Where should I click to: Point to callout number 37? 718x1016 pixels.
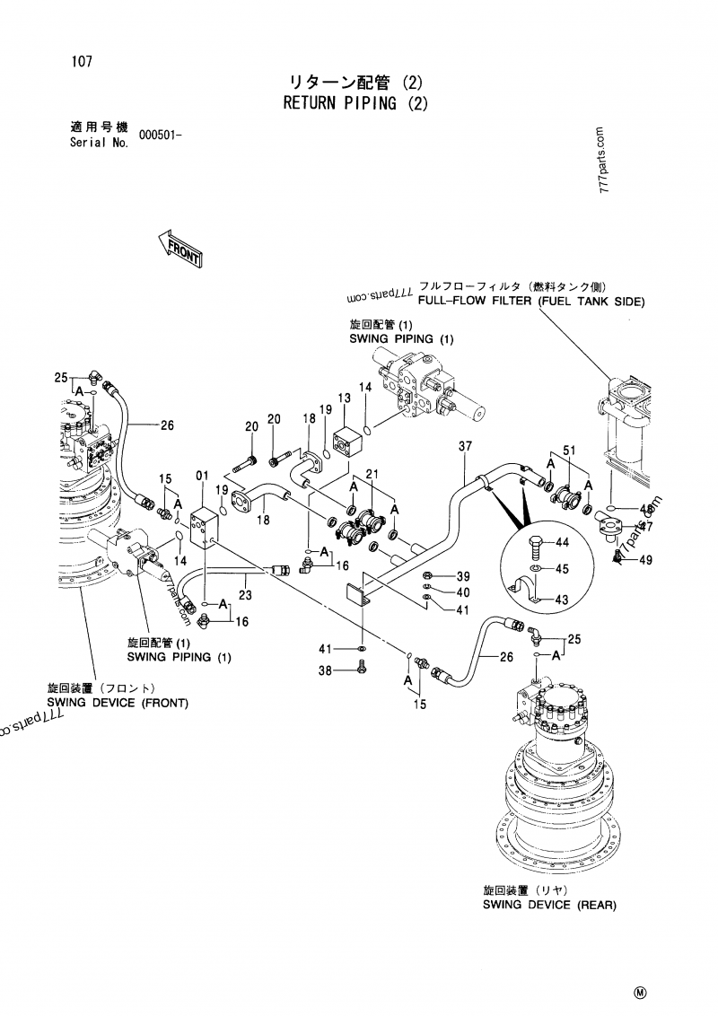pos(465,446)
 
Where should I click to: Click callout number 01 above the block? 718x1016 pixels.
pos(203,475)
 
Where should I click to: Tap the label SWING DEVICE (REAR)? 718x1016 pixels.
pos(550,905)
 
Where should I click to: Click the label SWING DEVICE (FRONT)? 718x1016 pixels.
pos(118,703)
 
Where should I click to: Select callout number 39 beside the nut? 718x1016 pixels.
pos(463,576)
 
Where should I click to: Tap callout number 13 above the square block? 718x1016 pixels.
pos(344,398)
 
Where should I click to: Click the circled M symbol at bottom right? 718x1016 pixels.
pos(641,992)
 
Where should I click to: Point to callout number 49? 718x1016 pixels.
pos(646,560)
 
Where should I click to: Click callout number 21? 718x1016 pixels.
pos(372,475)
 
